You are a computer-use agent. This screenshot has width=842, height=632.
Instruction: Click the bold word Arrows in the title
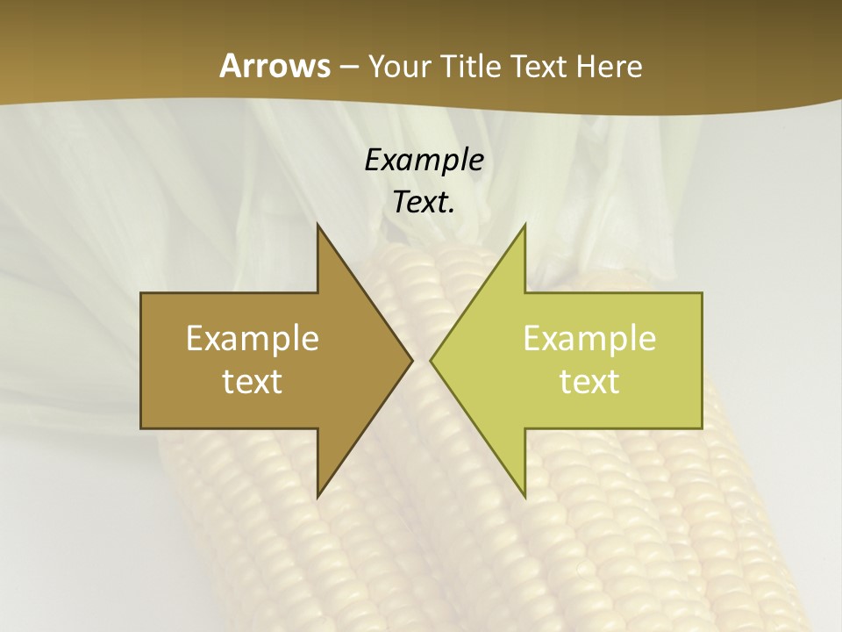[274, 67]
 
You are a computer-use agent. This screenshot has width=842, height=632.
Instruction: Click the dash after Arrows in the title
[349, 68]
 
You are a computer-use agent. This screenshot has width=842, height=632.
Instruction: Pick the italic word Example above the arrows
[424, 161]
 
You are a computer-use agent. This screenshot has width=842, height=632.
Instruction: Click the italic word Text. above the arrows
[424, 202]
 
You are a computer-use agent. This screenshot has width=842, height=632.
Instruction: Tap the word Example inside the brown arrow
[253, 339]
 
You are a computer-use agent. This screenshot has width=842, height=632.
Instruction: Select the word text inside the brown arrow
[253, 381]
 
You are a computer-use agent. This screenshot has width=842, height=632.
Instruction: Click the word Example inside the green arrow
[589, 339]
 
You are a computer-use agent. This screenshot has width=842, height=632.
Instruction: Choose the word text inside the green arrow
[589, 381]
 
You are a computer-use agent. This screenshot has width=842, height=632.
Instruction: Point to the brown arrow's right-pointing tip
[412, 360]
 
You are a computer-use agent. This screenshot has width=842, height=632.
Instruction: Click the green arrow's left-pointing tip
[430, 360]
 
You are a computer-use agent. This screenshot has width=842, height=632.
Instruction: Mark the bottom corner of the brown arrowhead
[318, 498]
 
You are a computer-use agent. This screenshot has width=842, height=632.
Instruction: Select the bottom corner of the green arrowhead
[524, 498]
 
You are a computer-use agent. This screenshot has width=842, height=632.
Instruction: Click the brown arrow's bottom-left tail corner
[141, 428]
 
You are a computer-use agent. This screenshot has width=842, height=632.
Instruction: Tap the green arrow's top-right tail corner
[702, 293]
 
